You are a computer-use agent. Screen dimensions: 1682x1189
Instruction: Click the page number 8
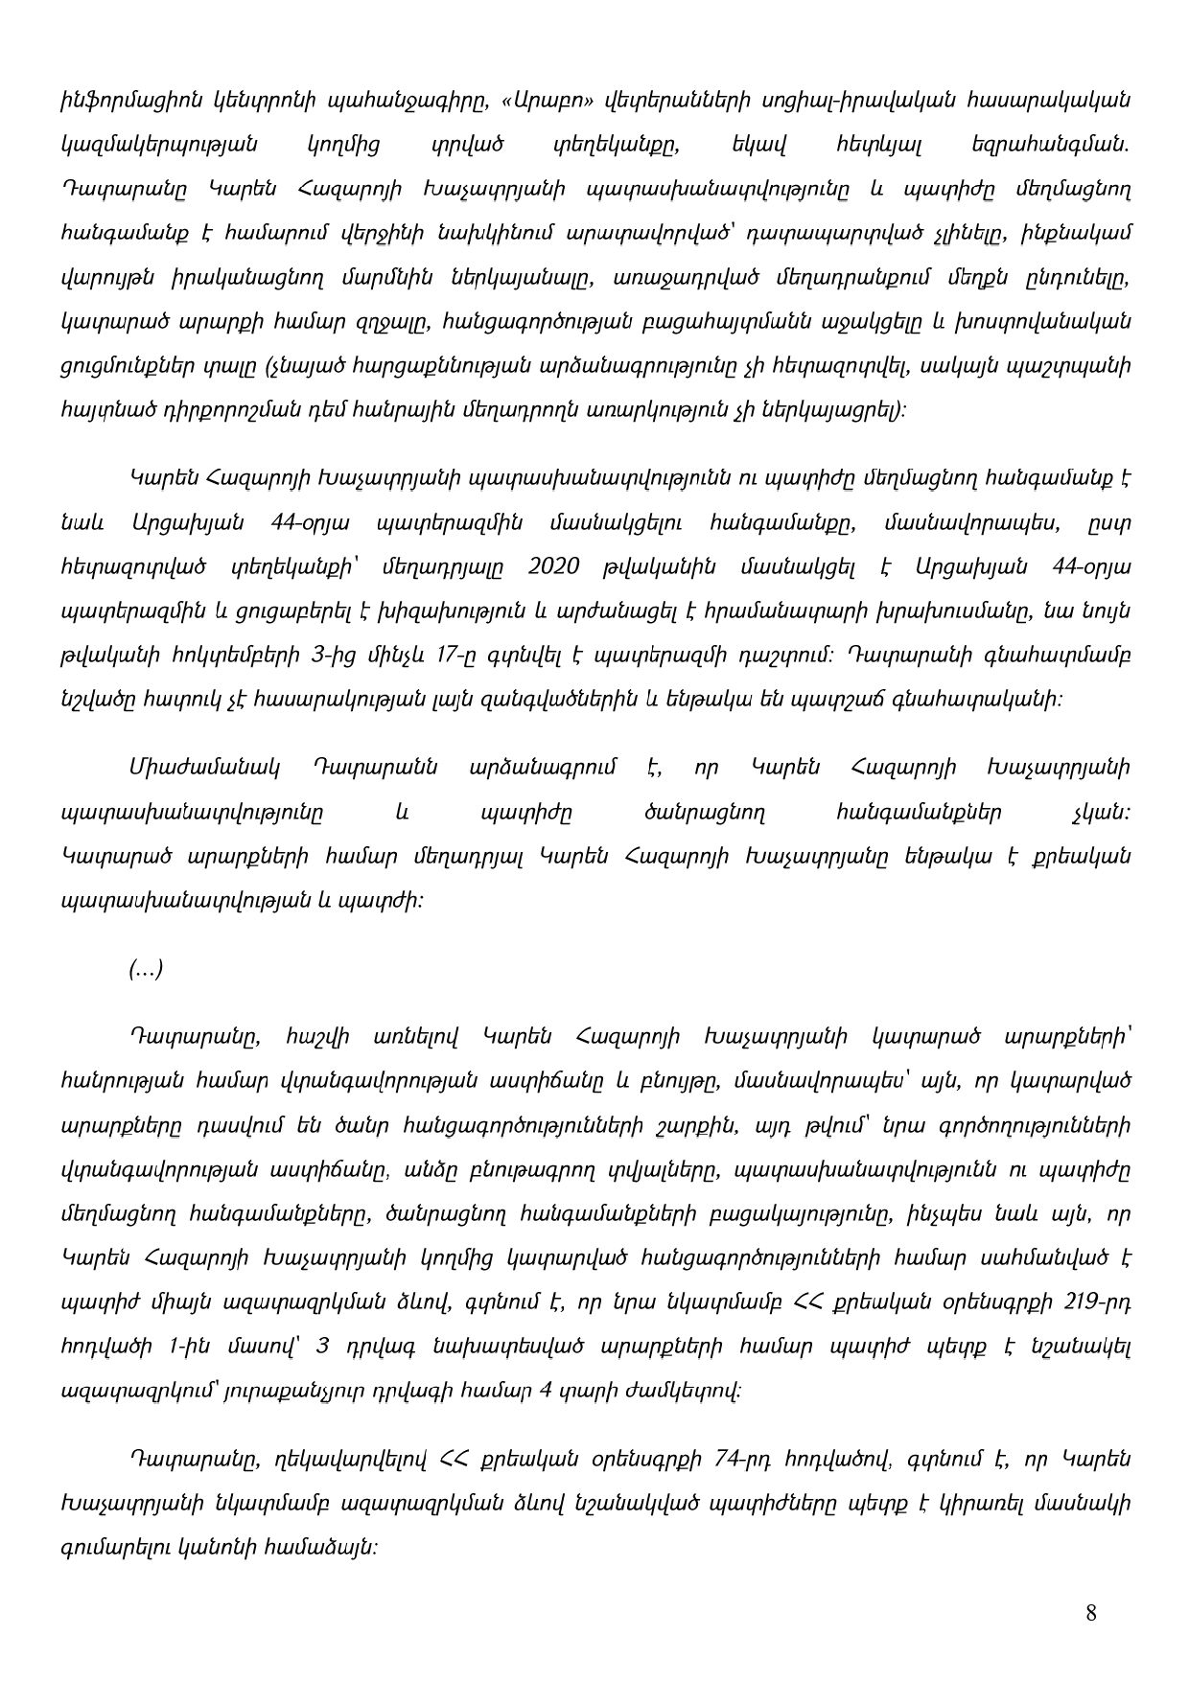[x=1091, y=1612]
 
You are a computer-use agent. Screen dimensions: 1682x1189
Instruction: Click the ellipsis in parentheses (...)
[x=146, y=970]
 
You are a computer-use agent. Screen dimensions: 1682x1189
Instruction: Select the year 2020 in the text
[x=553, y=566]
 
